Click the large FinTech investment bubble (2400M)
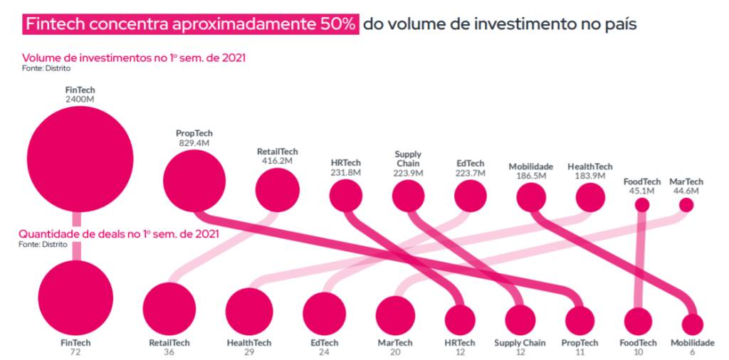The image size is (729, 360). pyautogui.click(x=80, y=159)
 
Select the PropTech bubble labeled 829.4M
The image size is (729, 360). pyautogui.click(x=194, y=181)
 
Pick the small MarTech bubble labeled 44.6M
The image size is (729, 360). pyautogui.click(x=686, y=205)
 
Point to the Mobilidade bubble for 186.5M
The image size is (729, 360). pyautogui.click(x=531, y=197)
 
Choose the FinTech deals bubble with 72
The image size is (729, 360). pyautogui.click(x=75, y=297)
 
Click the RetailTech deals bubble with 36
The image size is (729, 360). pyautogui.click(x=169, y=308)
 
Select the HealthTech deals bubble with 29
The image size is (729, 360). pyautogui.click(x=249, y=312)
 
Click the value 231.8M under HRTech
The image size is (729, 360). pyautogui.click(x=346, y=172)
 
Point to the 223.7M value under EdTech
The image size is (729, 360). pyautogui.click(x=470, y=172)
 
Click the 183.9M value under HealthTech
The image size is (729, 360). pyautogui.click(x=589, y=176)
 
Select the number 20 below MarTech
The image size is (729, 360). pyautogui.click(x=395, y=351)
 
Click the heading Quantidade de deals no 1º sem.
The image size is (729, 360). pyautogui.click(x=118, y=233)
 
